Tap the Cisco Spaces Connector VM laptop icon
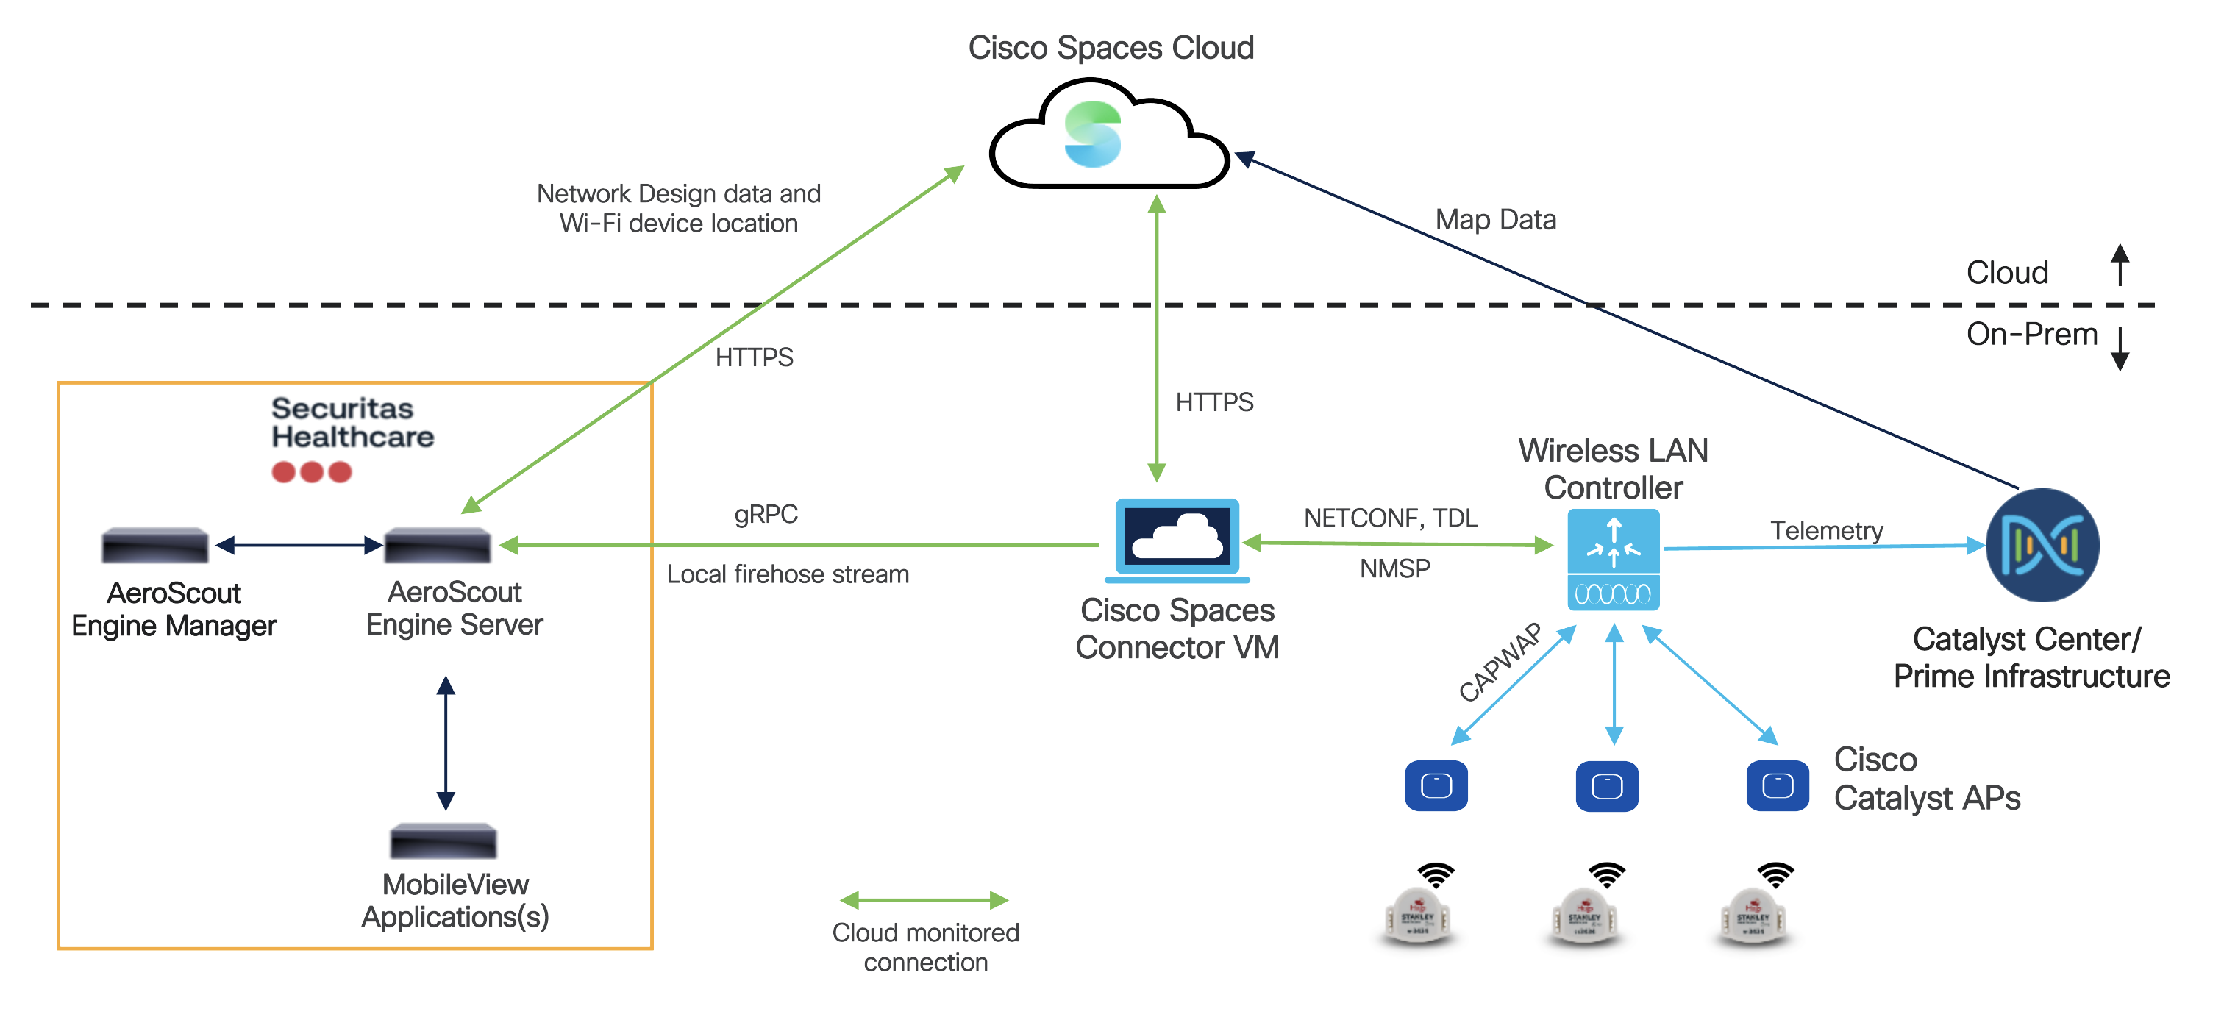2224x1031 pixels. click(x=1177, y=539)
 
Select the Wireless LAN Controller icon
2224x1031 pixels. click(x=1613, y=559)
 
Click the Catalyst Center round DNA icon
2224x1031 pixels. click(x=2042, y=545)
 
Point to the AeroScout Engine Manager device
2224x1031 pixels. click(x=155, y=545)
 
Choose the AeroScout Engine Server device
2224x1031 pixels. click(x=437, y=545)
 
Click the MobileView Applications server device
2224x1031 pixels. click(x=443, y=841)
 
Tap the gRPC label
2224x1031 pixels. click(x=766, y=515)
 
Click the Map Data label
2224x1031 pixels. click(x=1495, y=220)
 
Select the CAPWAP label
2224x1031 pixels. click(x=1500, y=663)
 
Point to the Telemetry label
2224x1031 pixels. click(x=1826, y=530)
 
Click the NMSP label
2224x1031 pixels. click(x=1394, y=568)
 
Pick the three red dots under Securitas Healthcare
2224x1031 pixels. click(x=312, y=472)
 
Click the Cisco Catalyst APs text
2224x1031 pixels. click(x=1926, y=779)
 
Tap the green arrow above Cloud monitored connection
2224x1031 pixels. click(x=924, y=901)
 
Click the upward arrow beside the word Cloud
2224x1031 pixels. click(x=2120, y=264)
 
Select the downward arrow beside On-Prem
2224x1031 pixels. click(x=2120, y=347)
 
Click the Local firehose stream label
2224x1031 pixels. click(x=788, y=574)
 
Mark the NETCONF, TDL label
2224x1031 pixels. click(x=1390, y=518)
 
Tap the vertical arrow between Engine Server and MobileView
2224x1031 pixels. click(x=446, y=743)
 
